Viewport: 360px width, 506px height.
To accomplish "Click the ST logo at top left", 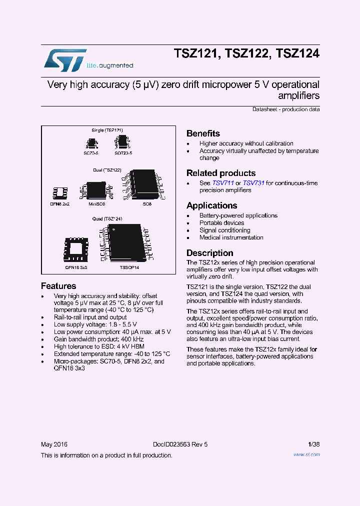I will click(x=65, y=59).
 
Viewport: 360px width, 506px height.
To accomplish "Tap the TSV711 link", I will click(x=223, y=183).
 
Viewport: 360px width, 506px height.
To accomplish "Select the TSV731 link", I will click(x=253, y=183).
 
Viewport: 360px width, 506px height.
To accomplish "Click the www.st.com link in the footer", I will click(x=306, y=454).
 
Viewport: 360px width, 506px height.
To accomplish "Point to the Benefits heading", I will click(x=203, y=133).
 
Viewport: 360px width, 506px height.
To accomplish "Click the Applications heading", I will click(x=211, y=205).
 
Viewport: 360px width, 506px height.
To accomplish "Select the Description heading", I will click(x=209, y=253).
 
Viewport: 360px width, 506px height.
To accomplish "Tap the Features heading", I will click(x=58, y=286).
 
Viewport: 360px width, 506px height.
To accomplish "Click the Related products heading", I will click(x=220, y=173).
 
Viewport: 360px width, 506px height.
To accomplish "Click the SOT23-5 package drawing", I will click(x=122, y=142).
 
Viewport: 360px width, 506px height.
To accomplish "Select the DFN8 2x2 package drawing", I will click(x=59, y=193).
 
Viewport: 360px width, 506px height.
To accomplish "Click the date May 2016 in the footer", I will click(x=54, y=444).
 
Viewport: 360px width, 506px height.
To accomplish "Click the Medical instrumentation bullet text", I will click(x=231, y=238).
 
